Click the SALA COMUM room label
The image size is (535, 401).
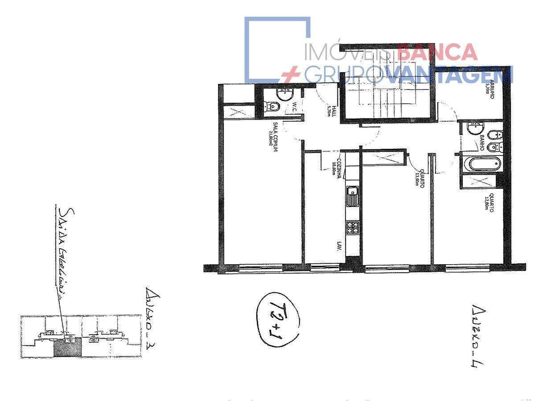point(273,137)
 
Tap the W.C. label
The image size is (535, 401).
point(295,107)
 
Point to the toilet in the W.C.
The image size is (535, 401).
point(272,106)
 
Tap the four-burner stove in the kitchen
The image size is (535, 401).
point(353,227)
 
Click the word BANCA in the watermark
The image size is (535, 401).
point(437,53)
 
